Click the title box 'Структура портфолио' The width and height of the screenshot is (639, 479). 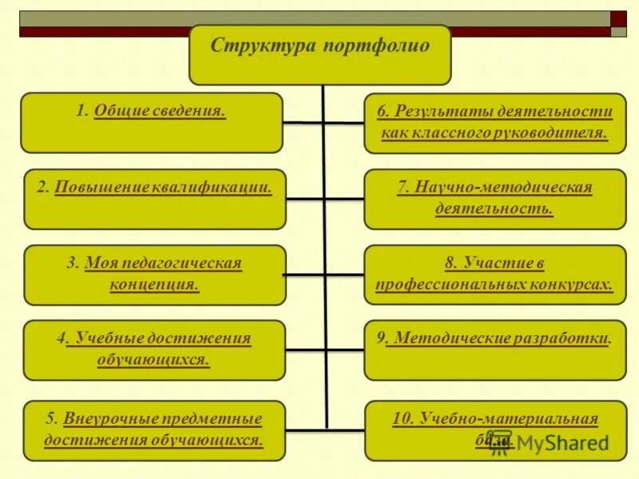click(319, 54)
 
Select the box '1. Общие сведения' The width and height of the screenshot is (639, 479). click(152, 123)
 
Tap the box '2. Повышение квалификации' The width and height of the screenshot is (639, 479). click(155, 199)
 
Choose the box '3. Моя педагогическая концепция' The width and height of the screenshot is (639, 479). click(155, 275)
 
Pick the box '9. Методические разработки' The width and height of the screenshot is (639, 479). click(495, 350)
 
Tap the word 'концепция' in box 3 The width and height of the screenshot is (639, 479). click(154, 284)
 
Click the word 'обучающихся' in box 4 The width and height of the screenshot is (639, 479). click(153, 360)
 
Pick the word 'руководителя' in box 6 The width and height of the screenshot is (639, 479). click(561, 133)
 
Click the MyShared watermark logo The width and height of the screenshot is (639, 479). click(551, 443)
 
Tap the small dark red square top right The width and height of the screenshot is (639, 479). click(618, 18)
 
